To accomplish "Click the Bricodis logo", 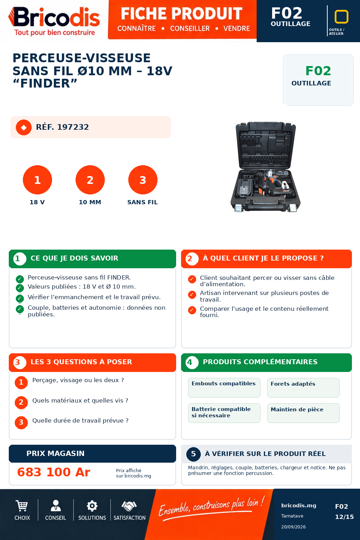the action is point(54,21).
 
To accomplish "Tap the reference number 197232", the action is point(73,127).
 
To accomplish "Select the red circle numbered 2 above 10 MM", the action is point(90,180).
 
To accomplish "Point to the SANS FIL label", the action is point(142,202).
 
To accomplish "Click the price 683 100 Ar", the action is point(54,472).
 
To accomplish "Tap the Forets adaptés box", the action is point(303,388).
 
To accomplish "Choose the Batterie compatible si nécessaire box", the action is point(224,413).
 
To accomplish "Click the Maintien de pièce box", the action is point(303,413).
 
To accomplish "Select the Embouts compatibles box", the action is point(224,388).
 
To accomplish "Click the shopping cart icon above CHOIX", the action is point(22,506).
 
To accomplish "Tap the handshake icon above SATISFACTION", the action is point(129,506).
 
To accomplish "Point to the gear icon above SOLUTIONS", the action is point(92,506).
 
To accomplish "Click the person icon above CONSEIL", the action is point(56,506).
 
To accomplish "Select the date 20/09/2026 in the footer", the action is point(293,527).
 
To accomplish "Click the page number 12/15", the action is point(344,517).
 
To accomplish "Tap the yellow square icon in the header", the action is point(341,17).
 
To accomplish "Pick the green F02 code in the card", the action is point(318,71).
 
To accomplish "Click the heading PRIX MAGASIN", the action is point(56,454).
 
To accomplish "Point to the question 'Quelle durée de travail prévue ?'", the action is point(80,421).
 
